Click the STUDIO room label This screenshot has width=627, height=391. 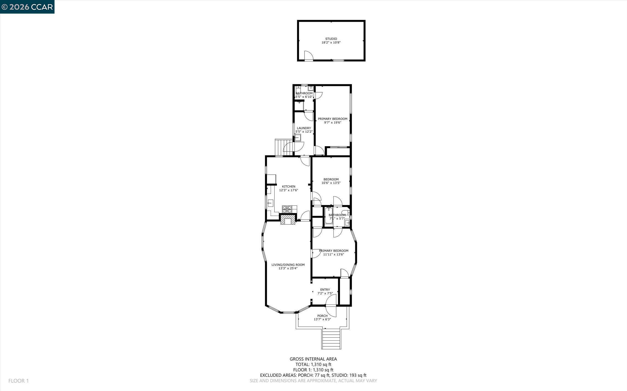[x=331, y=39]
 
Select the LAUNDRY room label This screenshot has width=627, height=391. [x=304, y=128]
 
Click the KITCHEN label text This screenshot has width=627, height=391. [x=288, y=186]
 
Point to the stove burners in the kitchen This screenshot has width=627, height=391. [x=287, y=209]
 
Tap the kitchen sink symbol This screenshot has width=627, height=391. [x=270, y=203]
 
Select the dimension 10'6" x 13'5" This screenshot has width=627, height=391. [x=331, y=183]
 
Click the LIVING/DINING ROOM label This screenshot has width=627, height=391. [x=288, y=264]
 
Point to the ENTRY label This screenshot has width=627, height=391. [x=325, y=290]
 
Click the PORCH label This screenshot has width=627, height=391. [x=322, y=316]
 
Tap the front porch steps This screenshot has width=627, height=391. [x=331, y=339]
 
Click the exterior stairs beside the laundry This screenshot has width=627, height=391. [x=281, y=147]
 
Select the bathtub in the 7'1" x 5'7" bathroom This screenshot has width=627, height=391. [x=328, y=216]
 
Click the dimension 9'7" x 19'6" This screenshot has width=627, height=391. [x=333, y=122]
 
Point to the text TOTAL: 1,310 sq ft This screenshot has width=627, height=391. [x=313, y=364]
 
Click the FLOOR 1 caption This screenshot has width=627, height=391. [x=19, y=381]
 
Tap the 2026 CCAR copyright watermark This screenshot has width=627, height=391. [x=27, y=7]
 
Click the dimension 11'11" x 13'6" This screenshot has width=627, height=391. [x=333, y=254]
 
